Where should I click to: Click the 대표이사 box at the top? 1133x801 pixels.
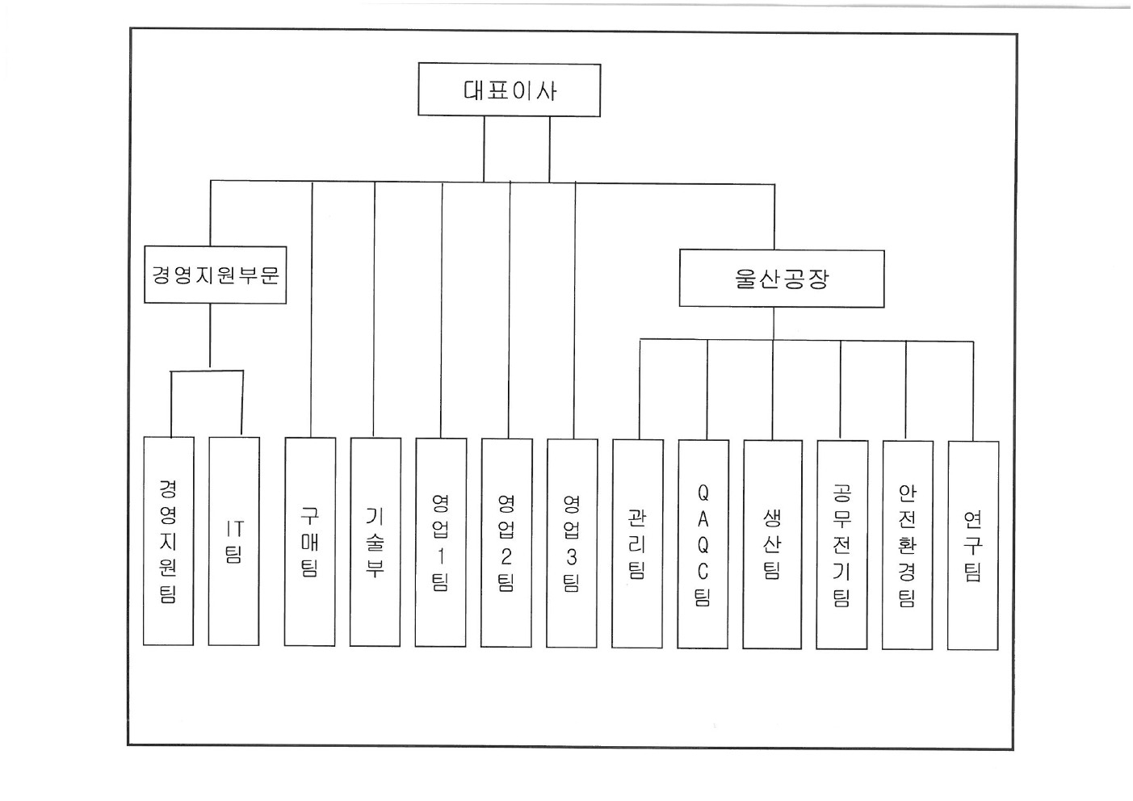(x=509, y=90)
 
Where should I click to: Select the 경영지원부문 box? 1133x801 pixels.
(x=215, y=275)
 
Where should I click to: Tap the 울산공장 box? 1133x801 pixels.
(x=781, y=279)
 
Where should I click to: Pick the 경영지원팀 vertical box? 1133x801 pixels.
(x=168, y=541)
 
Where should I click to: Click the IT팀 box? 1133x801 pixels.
(x=234, y=541)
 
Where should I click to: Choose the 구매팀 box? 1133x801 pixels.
(x=310, y=541)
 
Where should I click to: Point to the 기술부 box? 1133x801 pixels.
(x=376, y=541)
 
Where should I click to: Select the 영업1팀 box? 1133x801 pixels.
(x=441, y=541)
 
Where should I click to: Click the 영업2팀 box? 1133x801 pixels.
(x=506, y=541)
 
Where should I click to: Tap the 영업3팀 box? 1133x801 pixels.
(x=572, y=541)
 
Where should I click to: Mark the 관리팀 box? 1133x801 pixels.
(x=637, y=543)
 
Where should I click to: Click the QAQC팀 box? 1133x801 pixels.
(x=703, y=543)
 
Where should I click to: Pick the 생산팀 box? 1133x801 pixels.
(x=772, y=543)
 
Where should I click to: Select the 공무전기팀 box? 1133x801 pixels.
(x=842, y=543)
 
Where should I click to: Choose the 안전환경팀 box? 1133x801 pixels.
(x=908, y=543)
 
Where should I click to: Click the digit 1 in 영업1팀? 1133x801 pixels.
(x=441, y=556)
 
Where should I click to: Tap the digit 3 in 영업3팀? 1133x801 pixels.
(x=572, y=556)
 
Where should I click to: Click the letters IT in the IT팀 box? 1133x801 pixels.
(x=234, y=529)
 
